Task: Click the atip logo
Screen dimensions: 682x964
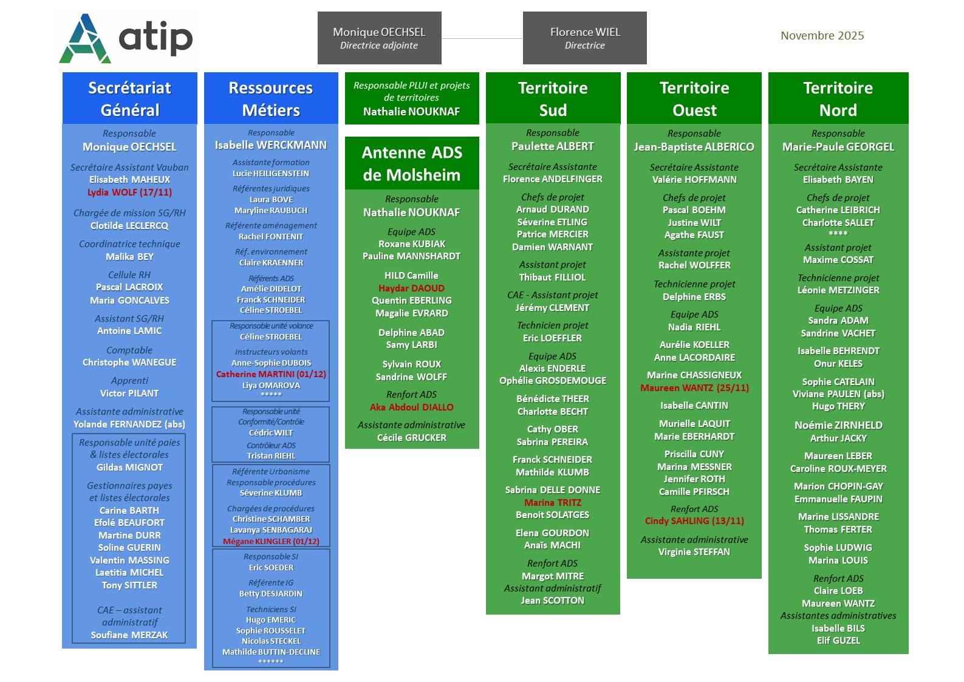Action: [126, 38]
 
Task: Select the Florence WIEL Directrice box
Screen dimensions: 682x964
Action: [584, 38]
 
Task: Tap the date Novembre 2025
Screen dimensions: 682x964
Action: [822, 36]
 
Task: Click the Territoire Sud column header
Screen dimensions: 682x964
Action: [553, 98]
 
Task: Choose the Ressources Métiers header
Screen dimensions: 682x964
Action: [271, 98]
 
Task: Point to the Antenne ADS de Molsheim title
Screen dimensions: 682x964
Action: [412, 163]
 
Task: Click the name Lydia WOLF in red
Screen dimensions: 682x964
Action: [129, 193]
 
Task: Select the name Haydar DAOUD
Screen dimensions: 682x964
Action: [411, 288]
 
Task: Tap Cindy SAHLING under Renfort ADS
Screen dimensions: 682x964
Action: [694, 521]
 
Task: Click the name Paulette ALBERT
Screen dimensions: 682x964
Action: [553, 146]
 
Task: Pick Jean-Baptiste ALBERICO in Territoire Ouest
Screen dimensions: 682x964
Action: [694, 147]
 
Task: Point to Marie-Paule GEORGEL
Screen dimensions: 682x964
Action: [838, 147]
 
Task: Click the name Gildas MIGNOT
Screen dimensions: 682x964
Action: [129, 468]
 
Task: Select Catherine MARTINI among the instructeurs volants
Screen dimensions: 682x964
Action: [271, 374]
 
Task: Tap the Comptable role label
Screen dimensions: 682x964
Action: [129, 350]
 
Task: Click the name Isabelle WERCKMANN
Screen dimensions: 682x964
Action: [271, 145]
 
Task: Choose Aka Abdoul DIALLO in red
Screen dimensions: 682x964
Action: [411, 407]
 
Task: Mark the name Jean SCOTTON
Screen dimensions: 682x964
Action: [552, 601]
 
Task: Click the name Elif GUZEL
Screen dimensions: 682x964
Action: [838, 641]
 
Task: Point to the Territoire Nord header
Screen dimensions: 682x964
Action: [838, 98]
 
